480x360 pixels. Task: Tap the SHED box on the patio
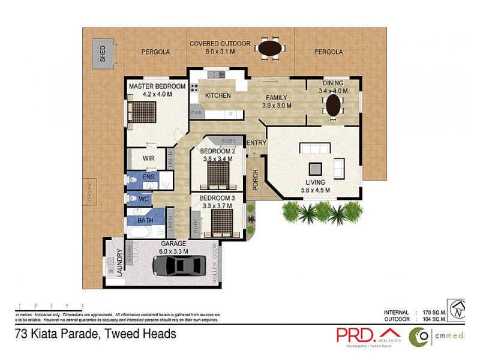pyautogui.click(x=103, y=53)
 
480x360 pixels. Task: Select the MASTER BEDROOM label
pyautogui.click(x=157, y=86)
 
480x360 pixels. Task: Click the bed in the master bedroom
pyautogui.click(x=143, y=112)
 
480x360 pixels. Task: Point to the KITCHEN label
pyautogui.click(x=218, y=95)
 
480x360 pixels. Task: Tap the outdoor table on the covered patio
pyautogui.click(x=269, y=47)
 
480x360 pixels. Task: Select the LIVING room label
pyautogui.click(x=315, y=182)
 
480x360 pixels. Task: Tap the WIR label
pyautogui.click(x=149, y=158)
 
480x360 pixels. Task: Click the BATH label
pyautogui.click(x=145, y=220)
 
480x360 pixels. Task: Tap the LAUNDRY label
pyautogui.click(x=119, y=262)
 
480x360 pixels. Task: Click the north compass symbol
pyautogui.click(x=458, y=308)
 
